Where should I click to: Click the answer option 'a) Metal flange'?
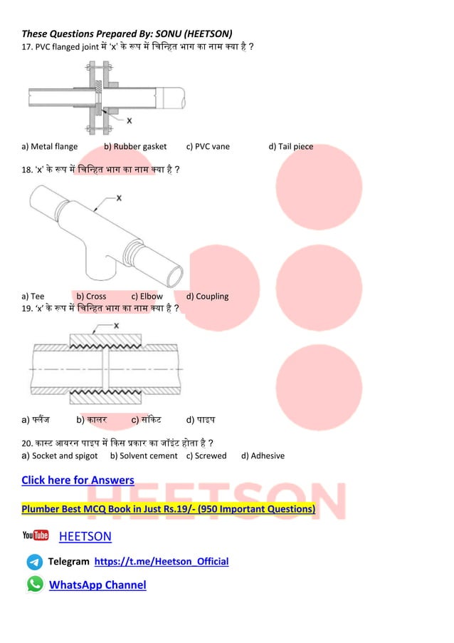49,147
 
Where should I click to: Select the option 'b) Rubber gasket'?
135,147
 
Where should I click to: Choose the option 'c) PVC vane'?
208,147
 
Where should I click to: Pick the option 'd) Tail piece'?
290,147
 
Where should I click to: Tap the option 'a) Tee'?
33,297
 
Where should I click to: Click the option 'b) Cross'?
91,297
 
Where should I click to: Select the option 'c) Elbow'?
147,297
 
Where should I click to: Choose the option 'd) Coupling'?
207,297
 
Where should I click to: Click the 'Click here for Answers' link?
78,480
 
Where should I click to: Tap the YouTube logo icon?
36,535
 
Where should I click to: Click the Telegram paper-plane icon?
35,562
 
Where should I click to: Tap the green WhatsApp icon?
35,585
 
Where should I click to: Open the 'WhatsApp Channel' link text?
97,585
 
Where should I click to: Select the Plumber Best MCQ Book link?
168,509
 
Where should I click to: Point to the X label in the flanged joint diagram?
129,120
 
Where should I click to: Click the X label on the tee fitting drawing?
119,197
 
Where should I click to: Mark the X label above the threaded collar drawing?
116,325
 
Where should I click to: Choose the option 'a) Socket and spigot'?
60,456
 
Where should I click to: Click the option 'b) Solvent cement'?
144,456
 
